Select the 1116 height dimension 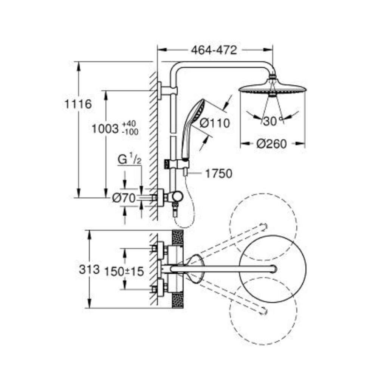coord(78,104)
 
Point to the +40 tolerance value coord(129,124)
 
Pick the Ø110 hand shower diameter coord(214,123)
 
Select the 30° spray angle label coord(272,122)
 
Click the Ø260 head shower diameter coord(271,144)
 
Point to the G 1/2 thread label coord(129,160)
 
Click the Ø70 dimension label coord(124,197)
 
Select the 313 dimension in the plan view coord(89,270)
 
